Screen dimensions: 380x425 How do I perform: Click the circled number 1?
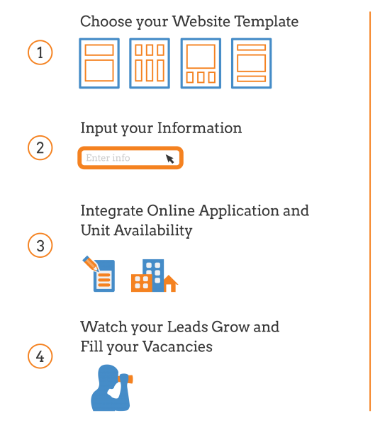click(40, 52)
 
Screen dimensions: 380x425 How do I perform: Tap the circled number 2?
click(40, 148)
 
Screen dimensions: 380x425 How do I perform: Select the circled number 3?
click(40, 245)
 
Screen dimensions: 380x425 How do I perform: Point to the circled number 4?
click(40, 356)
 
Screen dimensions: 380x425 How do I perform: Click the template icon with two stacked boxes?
click(99, 63)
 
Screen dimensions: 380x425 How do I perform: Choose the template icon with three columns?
click(150, 63)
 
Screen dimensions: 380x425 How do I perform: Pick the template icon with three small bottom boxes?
click(201, 63)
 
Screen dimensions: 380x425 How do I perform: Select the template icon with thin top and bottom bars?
click(252, 63)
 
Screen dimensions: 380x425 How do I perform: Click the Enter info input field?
click(130, 158)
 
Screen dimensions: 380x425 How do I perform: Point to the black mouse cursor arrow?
click(169, 159)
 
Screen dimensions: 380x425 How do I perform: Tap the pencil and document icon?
click(99, 273)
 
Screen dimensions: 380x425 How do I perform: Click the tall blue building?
click(153, 275)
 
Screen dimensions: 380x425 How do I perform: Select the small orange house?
click(170, 283)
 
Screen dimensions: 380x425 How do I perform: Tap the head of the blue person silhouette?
click(108, 375)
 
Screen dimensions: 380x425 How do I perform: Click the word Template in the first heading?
click(267, 22)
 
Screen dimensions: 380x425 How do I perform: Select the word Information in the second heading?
click(199, 128)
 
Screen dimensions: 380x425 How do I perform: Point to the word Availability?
click(153, 231)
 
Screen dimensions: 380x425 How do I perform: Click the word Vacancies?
click(177, 346)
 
